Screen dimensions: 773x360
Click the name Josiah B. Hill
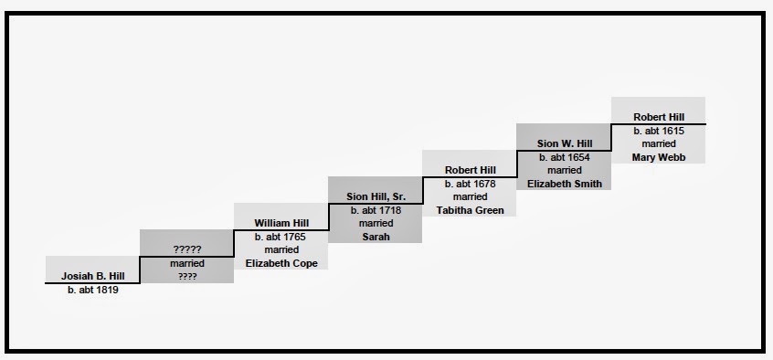point(92,276)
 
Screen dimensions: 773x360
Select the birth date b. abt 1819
point(93,290)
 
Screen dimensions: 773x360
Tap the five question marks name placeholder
point(187,249)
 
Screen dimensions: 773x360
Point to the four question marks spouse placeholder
point(187,277)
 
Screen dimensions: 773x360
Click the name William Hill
point(281,223)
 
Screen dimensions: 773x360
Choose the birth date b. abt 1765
point(280,237)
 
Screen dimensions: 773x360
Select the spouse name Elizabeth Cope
point(281,263)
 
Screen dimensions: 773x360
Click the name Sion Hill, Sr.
point(376,196)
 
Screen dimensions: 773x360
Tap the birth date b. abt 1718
point(376,210)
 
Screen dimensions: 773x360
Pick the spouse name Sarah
point(376,237)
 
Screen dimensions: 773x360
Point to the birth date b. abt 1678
point(470,184)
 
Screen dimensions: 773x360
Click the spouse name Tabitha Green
point(471,210)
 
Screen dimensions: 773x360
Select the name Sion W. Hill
point(565,143)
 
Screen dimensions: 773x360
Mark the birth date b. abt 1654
point(565,158)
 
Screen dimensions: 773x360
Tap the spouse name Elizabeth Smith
point(565,184)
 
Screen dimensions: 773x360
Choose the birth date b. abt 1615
point(659,132)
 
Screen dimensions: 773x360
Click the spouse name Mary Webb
point(659,158)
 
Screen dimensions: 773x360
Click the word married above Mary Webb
point(659,144)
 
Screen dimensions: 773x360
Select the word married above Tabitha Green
point(471,196)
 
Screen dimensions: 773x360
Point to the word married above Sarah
point(376,223)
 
